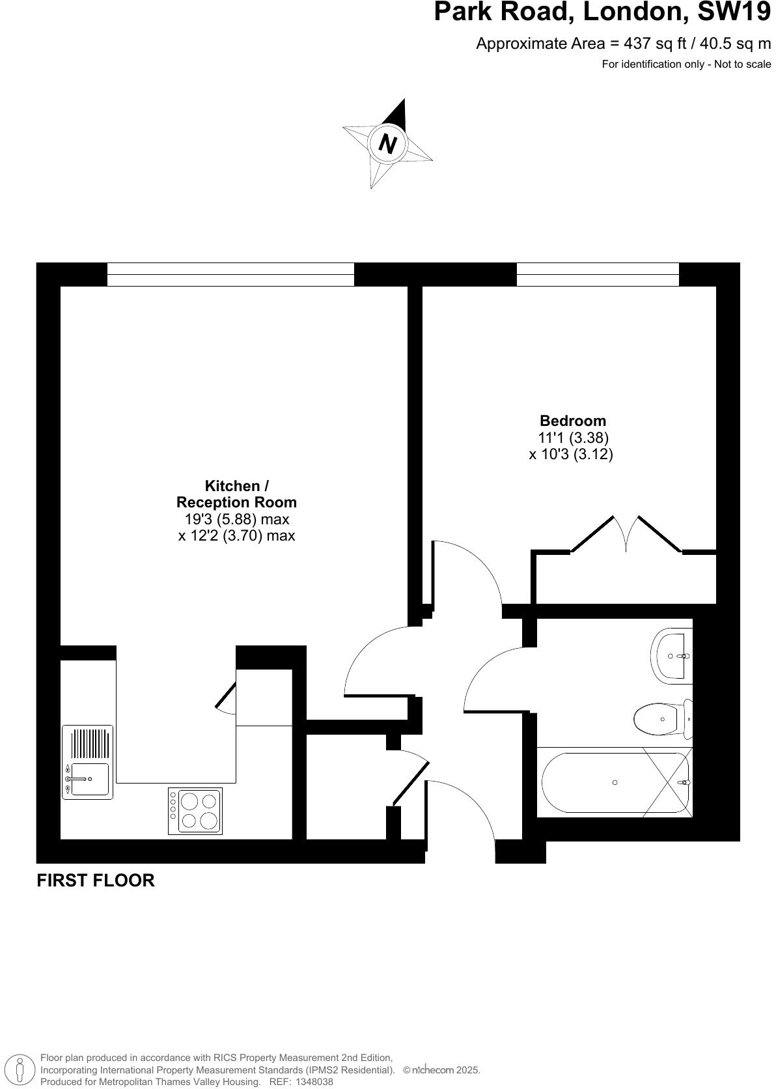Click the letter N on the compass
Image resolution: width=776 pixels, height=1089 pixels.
(x=388, y=143)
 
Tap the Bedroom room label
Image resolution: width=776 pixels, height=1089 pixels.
(x=572, y=421)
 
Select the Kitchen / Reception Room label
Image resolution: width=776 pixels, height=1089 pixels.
(x=236, y=494)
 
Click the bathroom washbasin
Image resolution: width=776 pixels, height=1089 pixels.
(x=671, y=656)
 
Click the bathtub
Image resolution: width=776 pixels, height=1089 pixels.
(x=613, y=782)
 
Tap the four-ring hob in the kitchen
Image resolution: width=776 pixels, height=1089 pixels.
(x=195, y=811)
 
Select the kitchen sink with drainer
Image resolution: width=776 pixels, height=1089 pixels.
(x=88, y=762)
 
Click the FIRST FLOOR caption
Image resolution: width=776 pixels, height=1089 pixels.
(x=96, y=881)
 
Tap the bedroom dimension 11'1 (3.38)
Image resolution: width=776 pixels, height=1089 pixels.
(x=573, y=438)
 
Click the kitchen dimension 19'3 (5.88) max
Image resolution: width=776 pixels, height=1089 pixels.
(x=236, y=519)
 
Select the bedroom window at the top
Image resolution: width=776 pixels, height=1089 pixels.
(x=597, y=274)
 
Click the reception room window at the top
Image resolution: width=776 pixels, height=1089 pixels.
(x=230, y=274)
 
